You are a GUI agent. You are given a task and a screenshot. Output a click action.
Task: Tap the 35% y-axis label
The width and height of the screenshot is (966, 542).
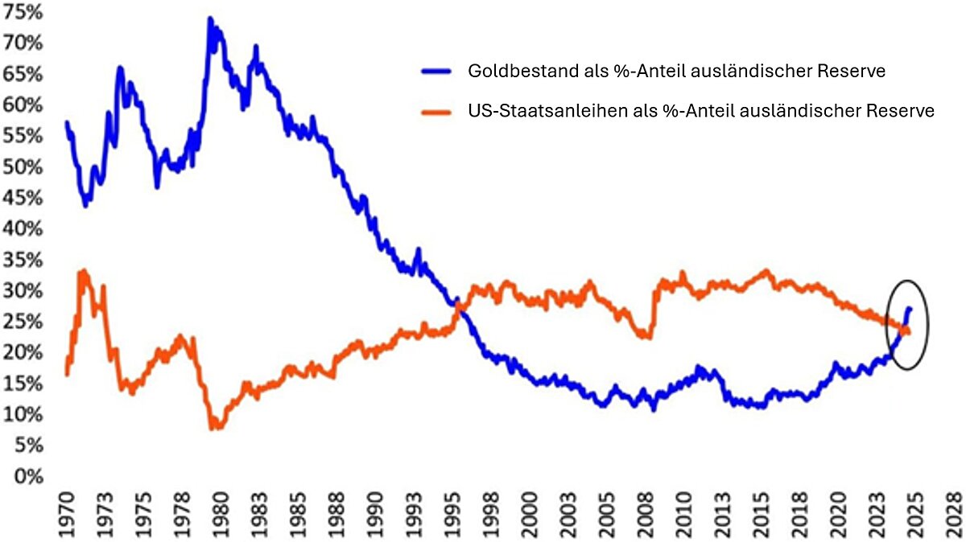(26, 260)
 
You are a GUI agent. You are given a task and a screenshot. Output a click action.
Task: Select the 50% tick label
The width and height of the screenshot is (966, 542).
(26, 166)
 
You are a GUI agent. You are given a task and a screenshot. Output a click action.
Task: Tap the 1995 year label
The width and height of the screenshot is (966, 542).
(456, 511)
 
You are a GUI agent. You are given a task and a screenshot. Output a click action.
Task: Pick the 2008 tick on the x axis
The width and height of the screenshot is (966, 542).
(644, 511)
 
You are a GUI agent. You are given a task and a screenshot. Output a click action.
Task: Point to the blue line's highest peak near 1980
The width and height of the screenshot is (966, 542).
(209, 18)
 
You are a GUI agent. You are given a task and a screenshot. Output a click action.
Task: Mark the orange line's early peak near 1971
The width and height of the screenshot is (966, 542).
(82, 271)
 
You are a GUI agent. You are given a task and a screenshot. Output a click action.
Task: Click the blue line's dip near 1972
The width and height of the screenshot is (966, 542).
(85, 205)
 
